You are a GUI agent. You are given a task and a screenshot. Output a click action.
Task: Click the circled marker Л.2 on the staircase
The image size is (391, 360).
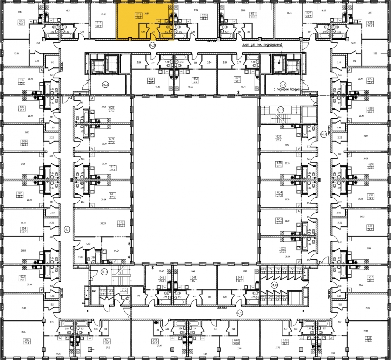(x=281, y=109)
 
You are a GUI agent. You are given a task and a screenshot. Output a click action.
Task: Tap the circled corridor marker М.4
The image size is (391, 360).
(x=323, y=134)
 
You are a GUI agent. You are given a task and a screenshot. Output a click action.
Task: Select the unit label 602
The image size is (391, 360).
(x=27, y=340)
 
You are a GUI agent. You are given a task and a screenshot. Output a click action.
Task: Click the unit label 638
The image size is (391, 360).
(x=369, y=338)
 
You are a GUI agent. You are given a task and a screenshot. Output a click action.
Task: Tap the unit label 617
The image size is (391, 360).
(x=22, y=21)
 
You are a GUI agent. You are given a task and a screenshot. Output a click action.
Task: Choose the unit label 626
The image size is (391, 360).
(x=370, y=22)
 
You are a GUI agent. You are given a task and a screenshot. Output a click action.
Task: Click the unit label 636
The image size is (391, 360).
(x=279, y=137)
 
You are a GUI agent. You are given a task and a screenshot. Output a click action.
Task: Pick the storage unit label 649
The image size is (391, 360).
(x=264, y=269)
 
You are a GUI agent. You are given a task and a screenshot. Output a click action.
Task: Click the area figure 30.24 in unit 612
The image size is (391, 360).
(x=103, y=223)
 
